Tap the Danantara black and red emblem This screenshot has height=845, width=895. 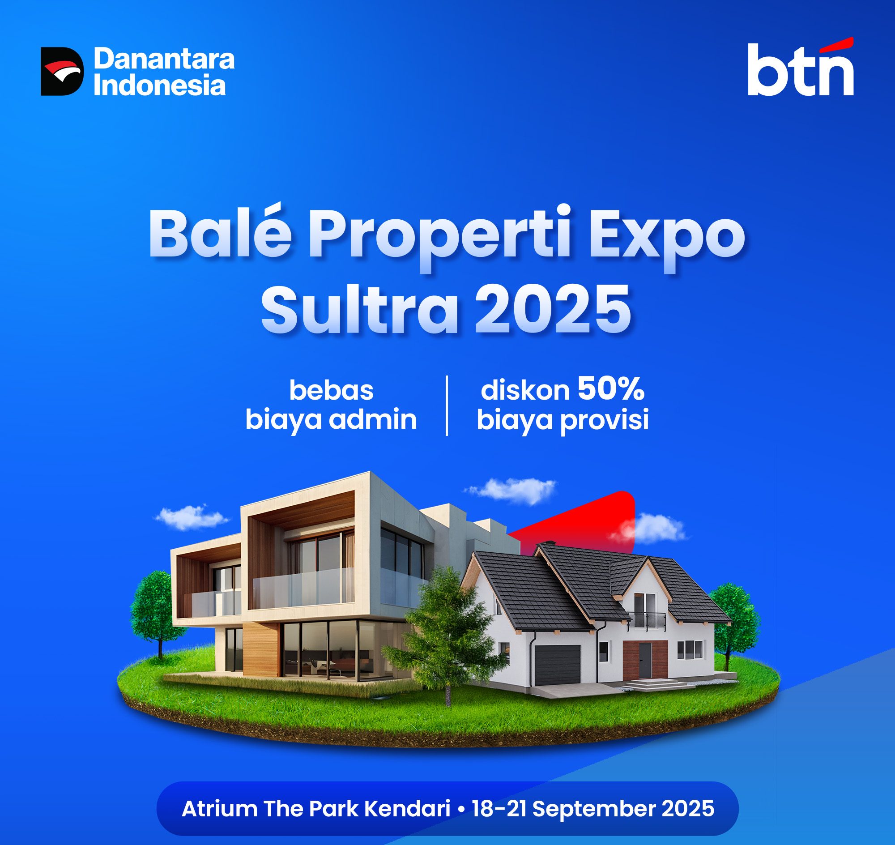click(62, 71)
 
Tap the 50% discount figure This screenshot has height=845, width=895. click(611, 390)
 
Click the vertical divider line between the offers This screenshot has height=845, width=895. click(447, 405)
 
